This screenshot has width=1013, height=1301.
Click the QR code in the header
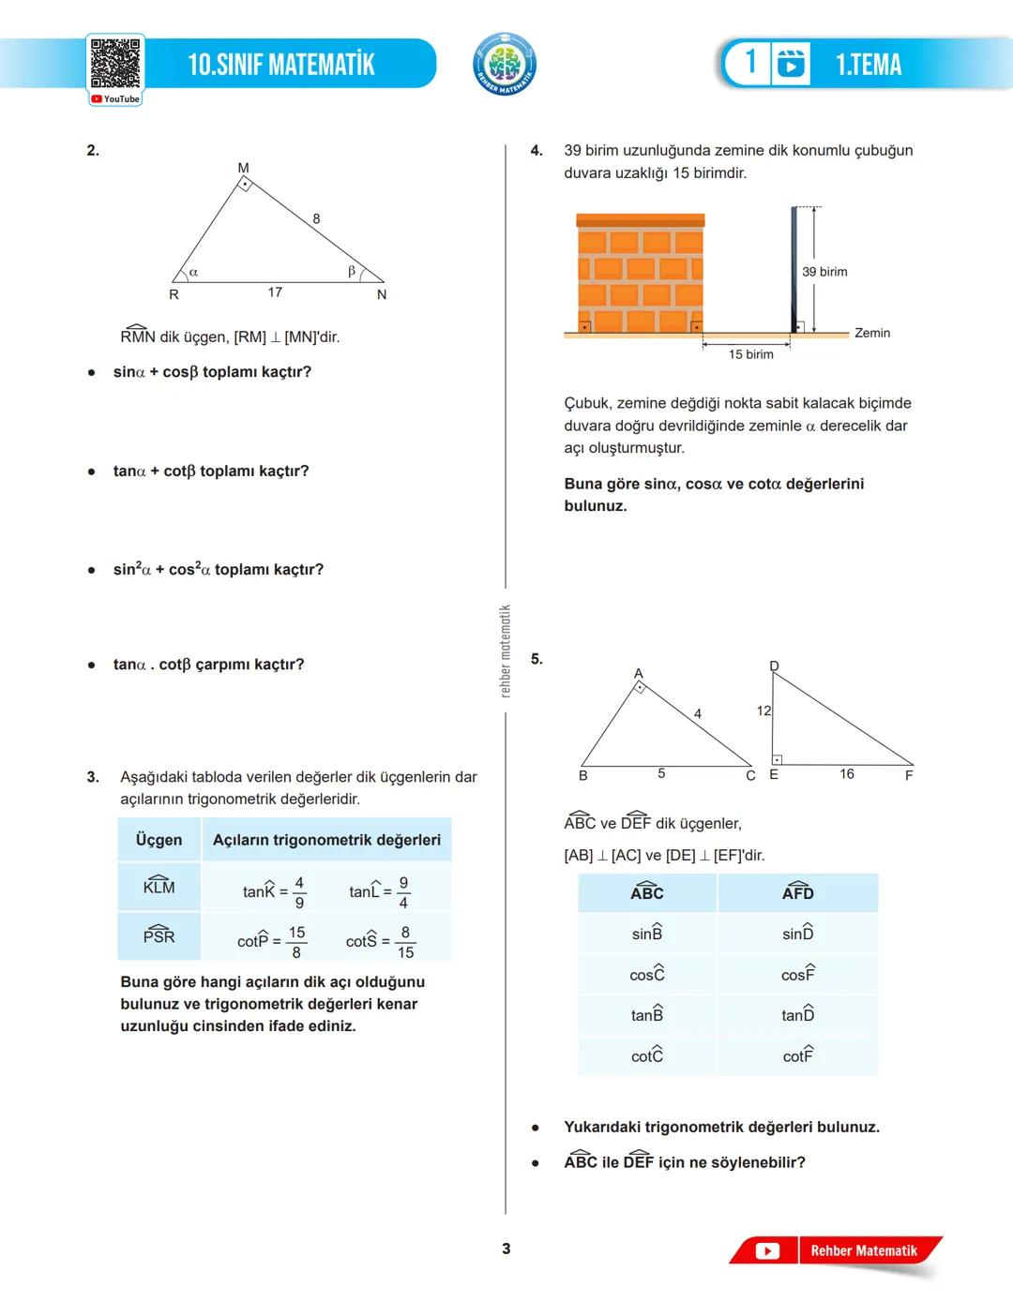tap(115, 64)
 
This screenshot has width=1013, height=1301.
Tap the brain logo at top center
tap(505, 65)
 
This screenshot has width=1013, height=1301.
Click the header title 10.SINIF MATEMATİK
tap(281, 65)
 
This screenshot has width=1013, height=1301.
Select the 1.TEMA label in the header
tap(869, 65)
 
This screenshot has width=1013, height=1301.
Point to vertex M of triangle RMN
tap(243, 169)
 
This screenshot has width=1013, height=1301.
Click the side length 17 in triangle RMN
tap(275, 292)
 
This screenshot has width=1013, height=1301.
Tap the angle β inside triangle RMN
tap(352, 271)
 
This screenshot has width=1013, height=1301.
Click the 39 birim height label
tap(824, 272)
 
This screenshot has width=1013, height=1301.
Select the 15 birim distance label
tap(751, 354)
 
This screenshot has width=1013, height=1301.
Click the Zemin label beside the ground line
tap(872, 333)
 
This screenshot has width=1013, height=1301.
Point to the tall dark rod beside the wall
tap(794, 269)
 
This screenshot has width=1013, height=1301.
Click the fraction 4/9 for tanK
tap(299, 892)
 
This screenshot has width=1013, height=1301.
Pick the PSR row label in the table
tap(159, 935)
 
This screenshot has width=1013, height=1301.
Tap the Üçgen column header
tap(159, 840)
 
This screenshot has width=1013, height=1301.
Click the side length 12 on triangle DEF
tap(764, 711)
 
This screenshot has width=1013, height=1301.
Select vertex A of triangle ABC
tap(638, 674)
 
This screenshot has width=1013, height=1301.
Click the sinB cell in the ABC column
tap(647, 934)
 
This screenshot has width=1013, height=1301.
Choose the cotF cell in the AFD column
tap(798, 1055)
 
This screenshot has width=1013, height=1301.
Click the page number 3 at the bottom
tap(506, 1249)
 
